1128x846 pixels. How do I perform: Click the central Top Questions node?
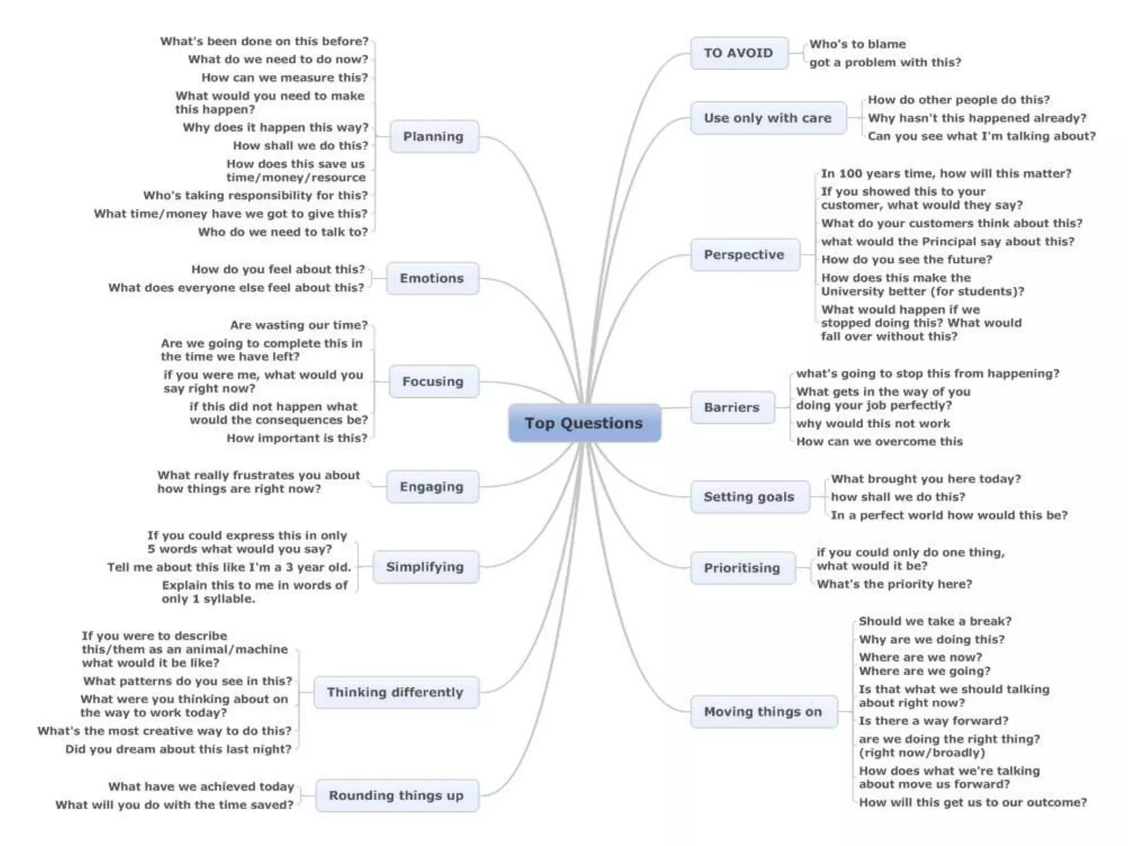point(584,423)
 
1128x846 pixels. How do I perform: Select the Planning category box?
point(433,137)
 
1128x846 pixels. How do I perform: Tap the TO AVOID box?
point(739,53)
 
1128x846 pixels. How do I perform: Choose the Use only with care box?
point(768,118)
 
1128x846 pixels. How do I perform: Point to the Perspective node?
point(744,254)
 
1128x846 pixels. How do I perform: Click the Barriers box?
point(731,408)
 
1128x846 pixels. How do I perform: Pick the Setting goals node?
point(749,497)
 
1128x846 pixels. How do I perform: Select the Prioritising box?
point(742,568)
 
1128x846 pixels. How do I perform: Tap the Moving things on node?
point(763,712)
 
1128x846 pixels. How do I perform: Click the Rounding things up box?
point(397,795)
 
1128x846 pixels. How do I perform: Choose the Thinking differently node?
point(395,692)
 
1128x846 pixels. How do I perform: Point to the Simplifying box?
point(425,567)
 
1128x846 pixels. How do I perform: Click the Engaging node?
point(432,487)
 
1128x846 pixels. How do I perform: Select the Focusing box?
point(433,382)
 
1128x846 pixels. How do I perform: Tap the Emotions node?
point(432,278)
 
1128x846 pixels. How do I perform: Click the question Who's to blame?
point(857,44)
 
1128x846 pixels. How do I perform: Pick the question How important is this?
point(297,438)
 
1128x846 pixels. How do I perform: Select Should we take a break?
point(935,621)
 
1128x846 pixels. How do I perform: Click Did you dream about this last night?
point(178,749)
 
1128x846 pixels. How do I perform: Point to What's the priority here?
point(894,584)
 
